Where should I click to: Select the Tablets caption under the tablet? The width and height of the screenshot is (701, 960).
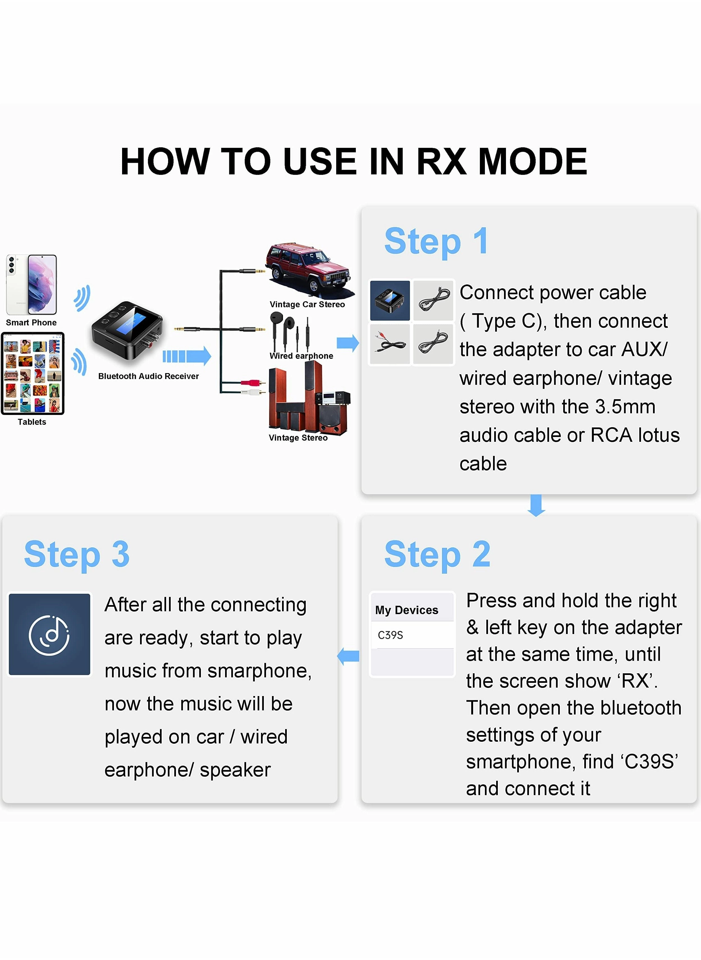32,422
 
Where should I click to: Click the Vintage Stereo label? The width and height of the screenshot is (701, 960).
298,438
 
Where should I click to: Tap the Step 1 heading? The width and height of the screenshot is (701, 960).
436,241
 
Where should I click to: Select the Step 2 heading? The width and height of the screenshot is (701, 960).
437,554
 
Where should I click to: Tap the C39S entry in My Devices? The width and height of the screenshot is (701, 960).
390,635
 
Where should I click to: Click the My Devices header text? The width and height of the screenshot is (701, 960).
407,610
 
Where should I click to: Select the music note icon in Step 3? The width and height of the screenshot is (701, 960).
50,634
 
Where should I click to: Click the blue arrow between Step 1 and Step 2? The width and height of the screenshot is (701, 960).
536,505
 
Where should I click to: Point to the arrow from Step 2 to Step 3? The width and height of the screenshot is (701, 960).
348,656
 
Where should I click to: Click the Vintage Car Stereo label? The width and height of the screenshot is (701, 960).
307,304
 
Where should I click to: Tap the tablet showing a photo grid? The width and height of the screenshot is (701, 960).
33,373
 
